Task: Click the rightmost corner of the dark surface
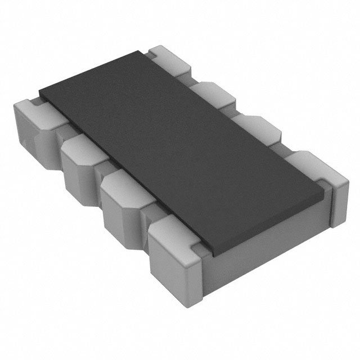(325, 190)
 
